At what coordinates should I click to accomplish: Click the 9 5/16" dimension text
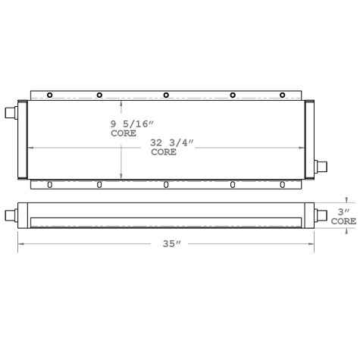(131, 124)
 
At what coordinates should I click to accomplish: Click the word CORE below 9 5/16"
(124, 133)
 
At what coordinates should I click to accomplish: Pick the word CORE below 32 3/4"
(164, 152)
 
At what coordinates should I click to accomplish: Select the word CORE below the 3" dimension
(343, 221)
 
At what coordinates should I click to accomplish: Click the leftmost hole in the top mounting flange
(49, 95)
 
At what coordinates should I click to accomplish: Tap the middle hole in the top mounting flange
(166, 95)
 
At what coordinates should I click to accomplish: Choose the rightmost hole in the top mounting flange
(282, 95)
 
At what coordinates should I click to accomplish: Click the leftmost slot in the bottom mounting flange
(49, 184)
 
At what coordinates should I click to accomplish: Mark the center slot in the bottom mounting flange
(166, 184)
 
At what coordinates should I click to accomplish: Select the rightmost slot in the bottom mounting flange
(282, 184)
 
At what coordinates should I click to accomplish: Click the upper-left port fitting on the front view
(10, 114)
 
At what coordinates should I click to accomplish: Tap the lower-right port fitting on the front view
(321, 166)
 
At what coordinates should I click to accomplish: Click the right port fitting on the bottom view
(321, 215)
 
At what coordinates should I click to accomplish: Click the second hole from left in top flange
(99, 95)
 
